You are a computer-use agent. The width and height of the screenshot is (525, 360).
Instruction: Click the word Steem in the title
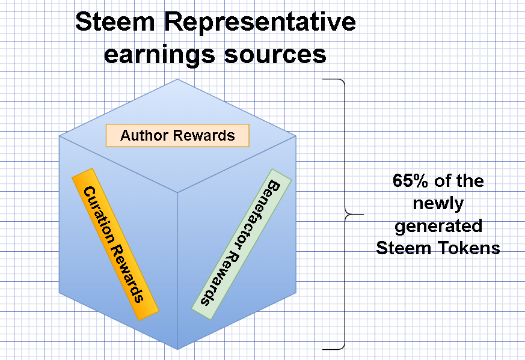point(115,22)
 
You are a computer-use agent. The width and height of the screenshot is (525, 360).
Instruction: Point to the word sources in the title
point(275,55)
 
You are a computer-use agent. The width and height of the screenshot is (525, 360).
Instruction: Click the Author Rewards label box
point(177,135)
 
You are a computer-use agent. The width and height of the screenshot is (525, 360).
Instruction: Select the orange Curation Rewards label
point(115,244)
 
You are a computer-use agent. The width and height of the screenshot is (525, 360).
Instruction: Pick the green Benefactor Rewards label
point(241,244)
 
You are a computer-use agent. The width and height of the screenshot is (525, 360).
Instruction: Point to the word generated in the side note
point(438,227)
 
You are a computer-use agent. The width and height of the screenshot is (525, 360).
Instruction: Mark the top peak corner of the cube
point(177,79)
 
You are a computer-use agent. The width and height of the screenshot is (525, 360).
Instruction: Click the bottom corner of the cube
point(177,349)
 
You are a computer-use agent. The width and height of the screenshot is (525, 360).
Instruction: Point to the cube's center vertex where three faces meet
point(177,193)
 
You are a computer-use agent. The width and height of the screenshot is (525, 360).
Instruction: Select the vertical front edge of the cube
point(177,271)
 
